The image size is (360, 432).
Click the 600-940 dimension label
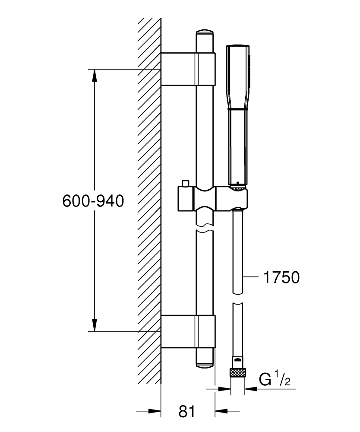tap(93, 201)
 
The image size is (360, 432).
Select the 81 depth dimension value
tap(187, 411)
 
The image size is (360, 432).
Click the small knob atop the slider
tap(186, 184)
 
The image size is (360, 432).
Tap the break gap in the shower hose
tap(237, 299)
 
